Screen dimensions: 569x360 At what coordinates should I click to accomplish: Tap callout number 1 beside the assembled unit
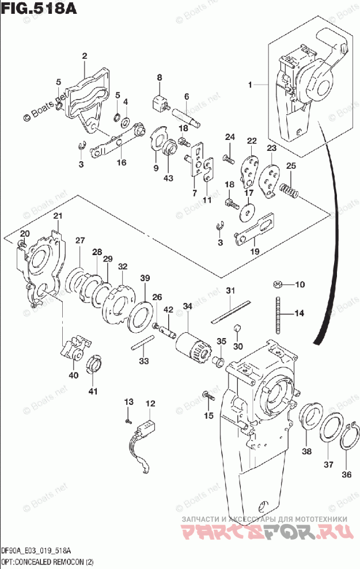pyautogui.click(x=251, y=85)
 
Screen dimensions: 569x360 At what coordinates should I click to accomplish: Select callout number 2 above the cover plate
pyautogui.click(x=84, y=56)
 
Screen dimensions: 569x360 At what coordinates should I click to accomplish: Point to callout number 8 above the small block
pyautogui.click(x=160, y=78)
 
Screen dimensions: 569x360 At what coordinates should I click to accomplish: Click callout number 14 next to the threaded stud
pyautogui.click(x=298, y=313)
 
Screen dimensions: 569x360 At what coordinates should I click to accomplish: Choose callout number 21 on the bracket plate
pyautogui.click(x=57, y=216)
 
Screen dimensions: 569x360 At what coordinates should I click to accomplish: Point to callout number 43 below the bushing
pyautogui.click(x=168, y=179)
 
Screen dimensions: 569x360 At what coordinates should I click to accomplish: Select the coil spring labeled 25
pyautogui.click(x=289, y=189)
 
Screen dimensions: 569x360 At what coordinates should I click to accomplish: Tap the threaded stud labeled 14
pyautogui.click(x=279, y=314)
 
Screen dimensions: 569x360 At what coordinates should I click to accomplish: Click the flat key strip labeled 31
pyautogui.click(x=230, y=310)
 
